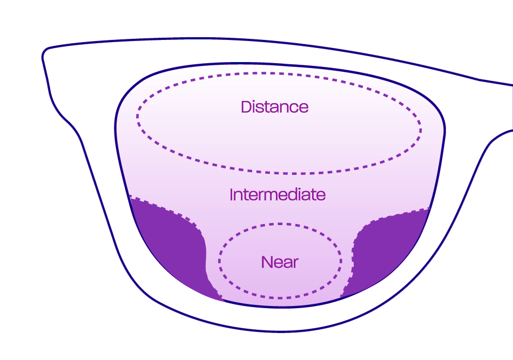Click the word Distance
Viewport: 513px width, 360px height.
(x=274, y=107)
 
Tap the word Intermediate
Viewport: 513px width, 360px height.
(x=278, y=194)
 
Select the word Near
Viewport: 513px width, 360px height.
(x=280, y=262)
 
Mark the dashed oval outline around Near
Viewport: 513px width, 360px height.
(x=280, y=224)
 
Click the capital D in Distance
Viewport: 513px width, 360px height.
(x=246, y=107)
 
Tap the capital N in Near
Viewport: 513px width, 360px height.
(x=266, y=262)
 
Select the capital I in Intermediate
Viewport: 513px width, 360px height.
(x=232, y=194)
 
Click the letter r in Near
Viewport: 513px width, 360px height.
(x=295, y=263)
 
